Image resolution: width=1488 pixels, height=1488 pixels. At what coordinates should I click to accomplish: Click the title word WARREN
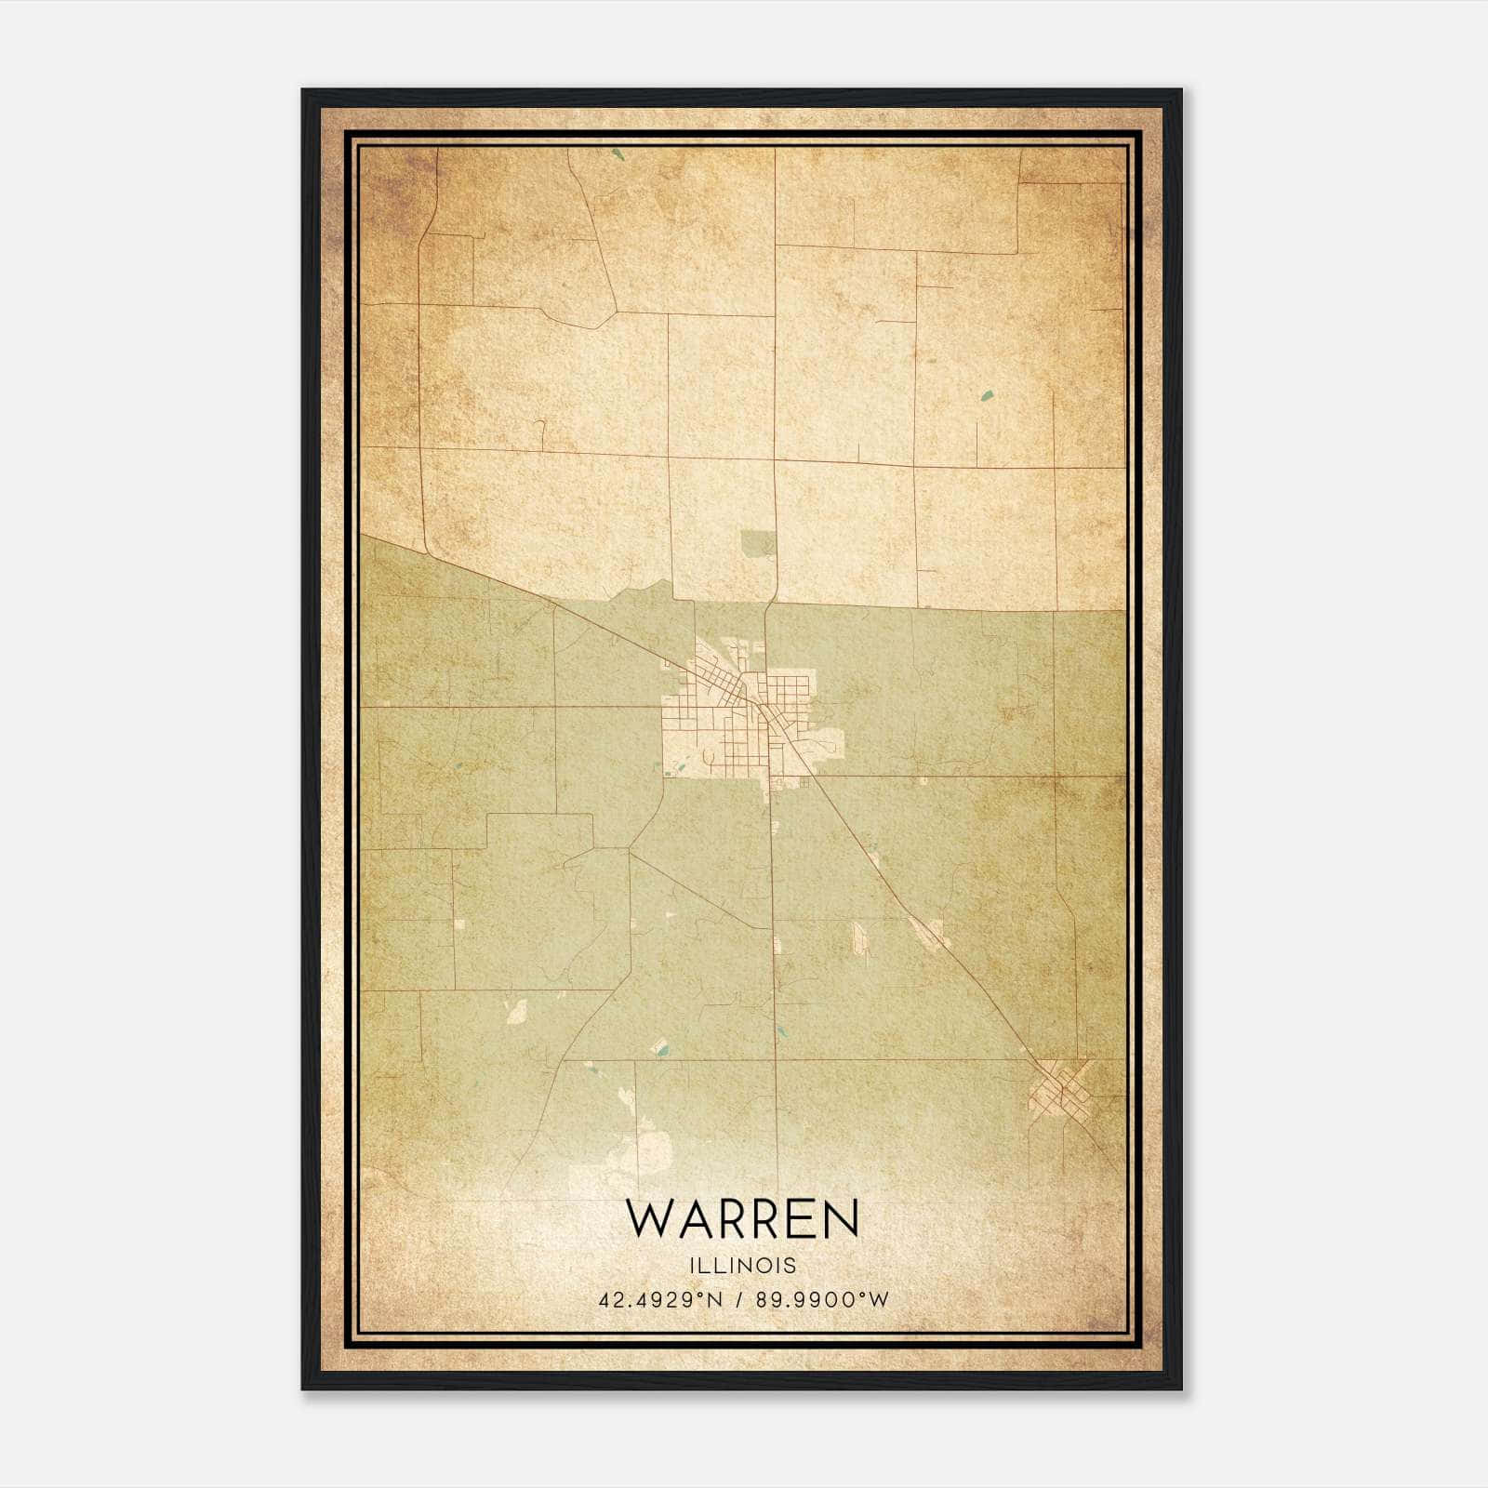(742, 1218)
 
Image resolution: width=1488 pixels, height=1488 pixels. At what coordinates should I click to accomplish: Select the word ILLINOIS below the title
(742, 1266)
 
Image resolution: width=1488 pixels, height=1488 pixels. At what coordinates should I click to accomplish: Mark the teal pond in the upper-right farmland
(986, 396)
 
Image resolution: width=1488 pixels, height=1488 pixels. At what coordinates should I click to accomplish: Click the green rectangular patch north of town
(757, 543)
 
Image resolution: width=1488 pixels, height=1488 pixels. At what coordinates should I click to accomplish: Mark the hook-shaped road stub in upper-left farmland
(540, 430)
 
